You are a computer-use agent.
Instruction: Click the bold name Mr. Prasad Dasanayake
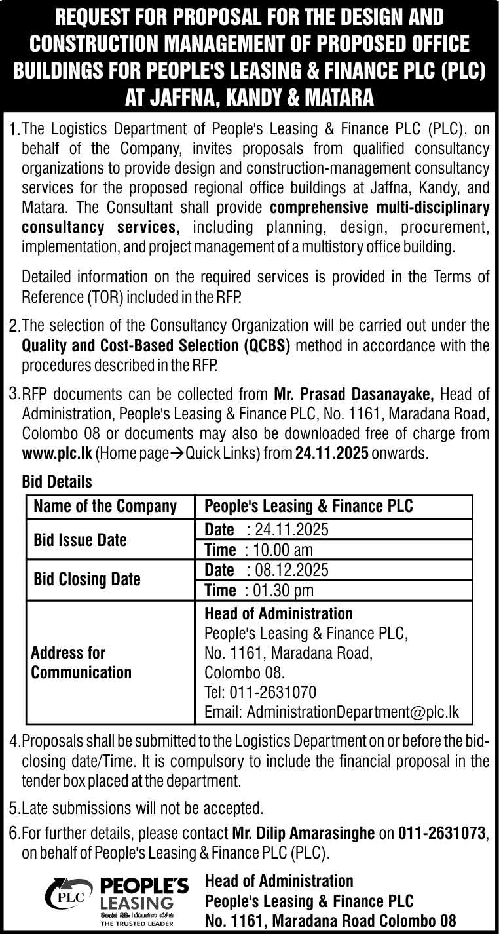(x=354, y=395)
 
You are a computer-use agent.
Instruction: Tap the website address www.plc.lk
(x=58, y=453)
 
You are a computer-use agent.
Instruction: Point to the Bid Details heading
(x=57, y=482)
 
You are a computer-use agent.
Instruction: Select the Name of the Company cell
(x=105, y=506)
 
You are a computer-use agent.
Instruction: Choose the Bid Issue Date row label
(x=80, y=540)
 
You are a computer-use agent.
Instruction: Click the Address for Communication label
(x=81, y=663)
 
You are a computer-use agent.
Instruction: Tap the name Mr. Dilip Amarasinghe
(x=304, y=834)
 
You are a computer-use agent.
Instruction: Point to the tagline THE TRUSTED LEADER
(x=137, y=924)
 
